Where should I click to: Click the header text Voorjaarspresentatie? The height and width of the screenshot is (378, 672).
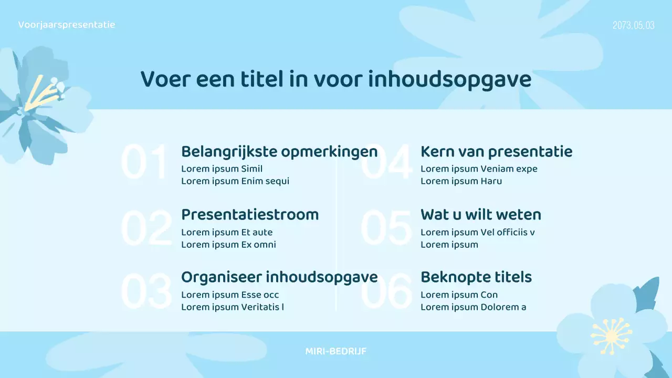tap(67, 25)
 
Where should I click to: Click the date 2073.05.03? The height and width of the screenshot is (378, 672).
tap(633, 25)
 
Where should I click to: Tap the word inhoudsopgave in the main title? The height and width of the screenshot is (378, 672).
tap(449, 80)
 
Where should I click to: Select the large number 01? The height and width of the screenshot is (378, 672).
tap(144, 163)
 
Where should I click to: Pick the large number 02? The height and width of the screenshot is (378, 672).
tap(146, 228)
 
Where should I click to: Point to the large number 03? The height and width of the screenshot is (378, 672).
tap(146, 291)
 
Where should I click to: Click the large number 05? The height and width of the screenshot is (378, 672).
tap(386, 228)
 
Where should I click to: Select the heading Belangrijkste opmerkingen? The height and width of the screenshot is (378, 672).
tap(279, 152)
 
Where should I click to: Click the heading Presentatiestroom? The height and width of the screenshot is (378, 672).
tap(250, 215)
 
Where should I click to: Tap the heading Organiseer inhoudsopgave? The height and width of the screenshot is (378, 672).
tap(279, 277)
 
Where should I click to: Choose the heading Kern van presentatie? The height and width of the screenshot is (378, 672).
tap(496, 152)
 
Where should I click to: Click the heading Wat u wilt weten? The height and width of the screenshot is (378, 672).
tap(480, 215)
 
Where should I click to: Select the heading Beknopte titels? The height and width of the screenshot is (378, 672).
tap(476, 277)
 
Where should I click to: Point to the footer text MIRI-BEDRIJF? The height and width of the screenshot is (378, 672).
tap(336, 351)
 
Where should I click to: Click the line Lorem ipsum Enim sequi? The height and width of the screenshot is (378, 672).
tap(235, 181)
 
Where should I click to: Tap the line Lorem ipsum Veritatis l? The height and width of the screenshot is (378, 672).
tap(233, 307)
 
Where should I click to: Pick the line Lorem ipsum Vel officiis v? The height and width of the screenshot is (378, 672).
tap(478, 232)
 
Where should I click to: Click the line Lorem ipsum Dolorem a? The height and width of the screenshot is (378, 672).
tap(473, 307)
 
